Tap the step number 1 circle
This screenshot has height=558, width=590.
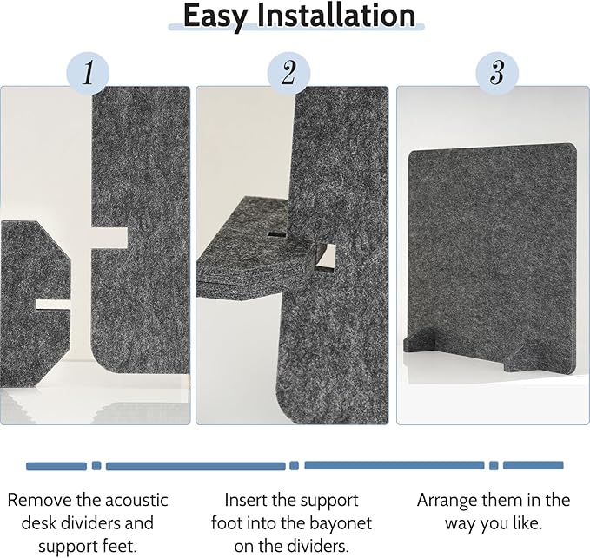coord(88,74)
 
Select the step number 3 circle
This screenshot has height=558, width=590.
coord(496,74)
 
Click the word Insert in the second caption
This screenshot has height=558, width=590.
coord(246,501)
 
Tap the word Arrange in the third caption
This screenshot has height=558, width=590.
coord(448,501)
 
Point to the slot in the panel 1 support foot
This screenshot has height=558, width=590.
coord(52,305)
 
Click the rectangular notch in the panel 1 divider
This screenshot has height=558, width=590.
coord(112,237)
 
